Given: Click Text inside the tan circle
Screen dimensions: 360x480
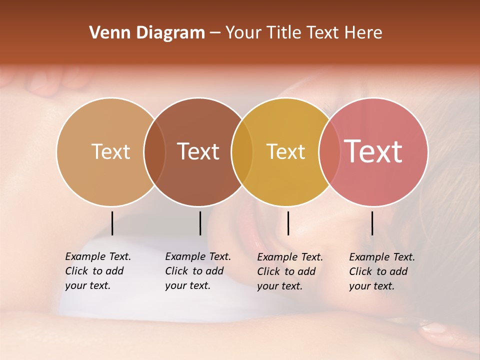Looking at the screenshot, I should point(110,151).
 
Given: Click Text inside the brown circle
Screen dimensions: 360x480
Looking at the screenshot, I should point(198,151).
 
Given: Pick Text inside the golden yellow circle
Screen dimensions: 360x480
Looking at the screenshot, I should point(285,151).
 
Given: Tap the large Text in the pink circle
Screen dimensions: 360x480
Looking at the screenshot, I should point(373,151).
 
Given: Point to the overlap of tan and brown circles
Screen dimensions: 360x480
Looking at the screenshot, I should point(154,151).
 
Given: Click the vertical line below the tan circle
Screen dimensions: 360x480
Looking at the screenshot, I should point(112,223).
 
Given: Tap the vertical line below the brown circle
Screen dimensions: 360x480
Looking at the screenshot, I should point(200,223).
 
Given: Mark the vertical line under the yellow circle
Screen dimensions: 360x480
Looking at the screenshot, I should point(288,223).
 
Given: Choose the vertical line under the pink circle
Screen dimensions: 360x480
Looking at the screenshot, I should point(372,223).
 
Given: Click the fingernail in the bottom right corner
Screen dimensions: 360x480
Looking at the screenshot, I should point(434,328).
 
